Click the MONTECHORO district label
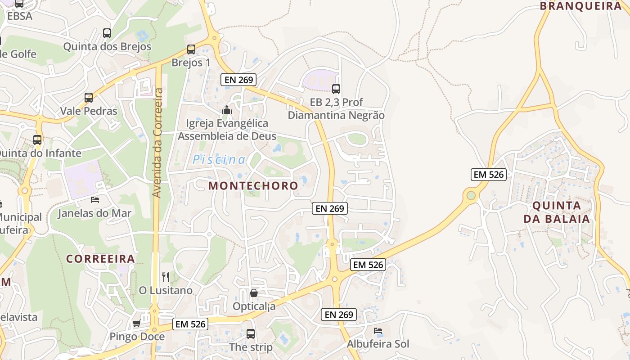click(x=253, y=185)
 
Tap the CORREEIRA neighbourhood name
click(x=100, y=259)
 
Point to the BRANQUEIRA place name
click(x=580, y=6)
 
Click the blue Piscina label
click(x=219, y=159)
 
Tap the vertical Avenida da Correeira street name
click(x=157, y=143)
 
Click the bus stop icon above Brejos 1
click(x=191, y=49)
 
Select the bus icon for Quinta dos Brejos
click(x=107, y=33)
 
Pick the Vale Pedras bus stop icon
click(x=89, y=97)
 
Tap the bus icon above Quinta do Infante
click(x=37, y=139)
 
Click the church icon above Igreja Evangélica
click(x=227, y=110)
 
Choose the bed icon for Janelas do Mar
click(x=94, y=199)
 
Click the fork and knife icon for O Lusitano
click(x=166, y=277)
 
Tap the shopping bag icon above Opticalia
click(x=254, y=293)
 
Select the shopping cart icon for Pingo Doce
click(x=136, y=323)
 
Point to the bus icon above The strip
click(x=251, y=334)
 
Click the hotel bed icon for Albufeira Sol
click(x=378, y=331)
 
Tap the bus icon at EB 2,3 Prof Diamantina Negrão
click(x=336, y=89)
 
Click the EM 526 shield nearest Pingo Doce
click(x=190, y=324)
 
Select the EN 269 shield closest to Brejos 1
click(x=238, y=80)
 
